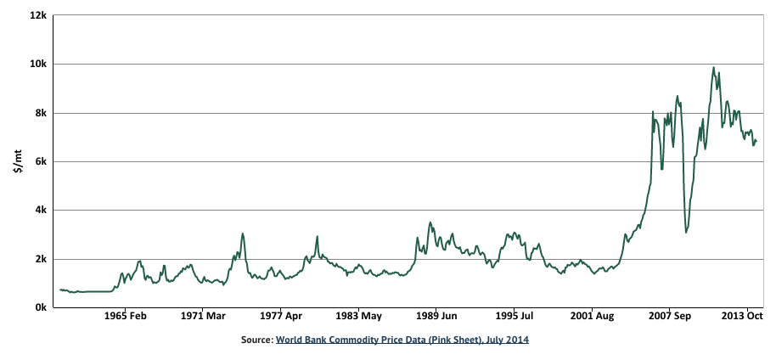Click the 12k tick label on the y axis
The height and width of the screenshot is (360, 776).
(37, 15)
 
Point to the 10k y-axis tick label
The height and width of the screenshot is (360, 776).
(37, 64)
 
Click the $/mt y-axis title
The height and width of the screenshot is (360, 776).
(17, 161)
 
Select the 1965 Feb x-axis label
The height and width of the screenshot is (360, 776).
(126, 316)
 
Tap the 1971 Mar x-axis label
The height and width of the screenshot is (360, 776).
(203, 316)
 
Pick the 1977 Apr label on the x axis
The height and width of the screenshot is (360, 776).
(281, 316)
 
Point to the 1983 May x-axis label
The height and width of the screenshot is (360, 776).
(359, 316)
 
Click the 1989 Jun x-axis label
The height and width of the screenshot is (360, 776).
(436, 316)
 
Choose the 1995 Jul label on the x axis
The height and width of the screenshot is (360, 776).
(515, 316)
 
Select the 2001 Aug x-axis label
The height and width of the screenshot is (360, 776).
(593, 316)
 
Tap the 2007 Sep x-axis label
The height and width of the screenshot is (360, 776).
(670, 316)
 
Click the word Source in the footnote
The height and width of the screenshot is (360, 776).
(256, 340)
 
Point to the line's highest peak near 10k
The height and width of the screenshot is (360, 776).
(713, 68)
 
